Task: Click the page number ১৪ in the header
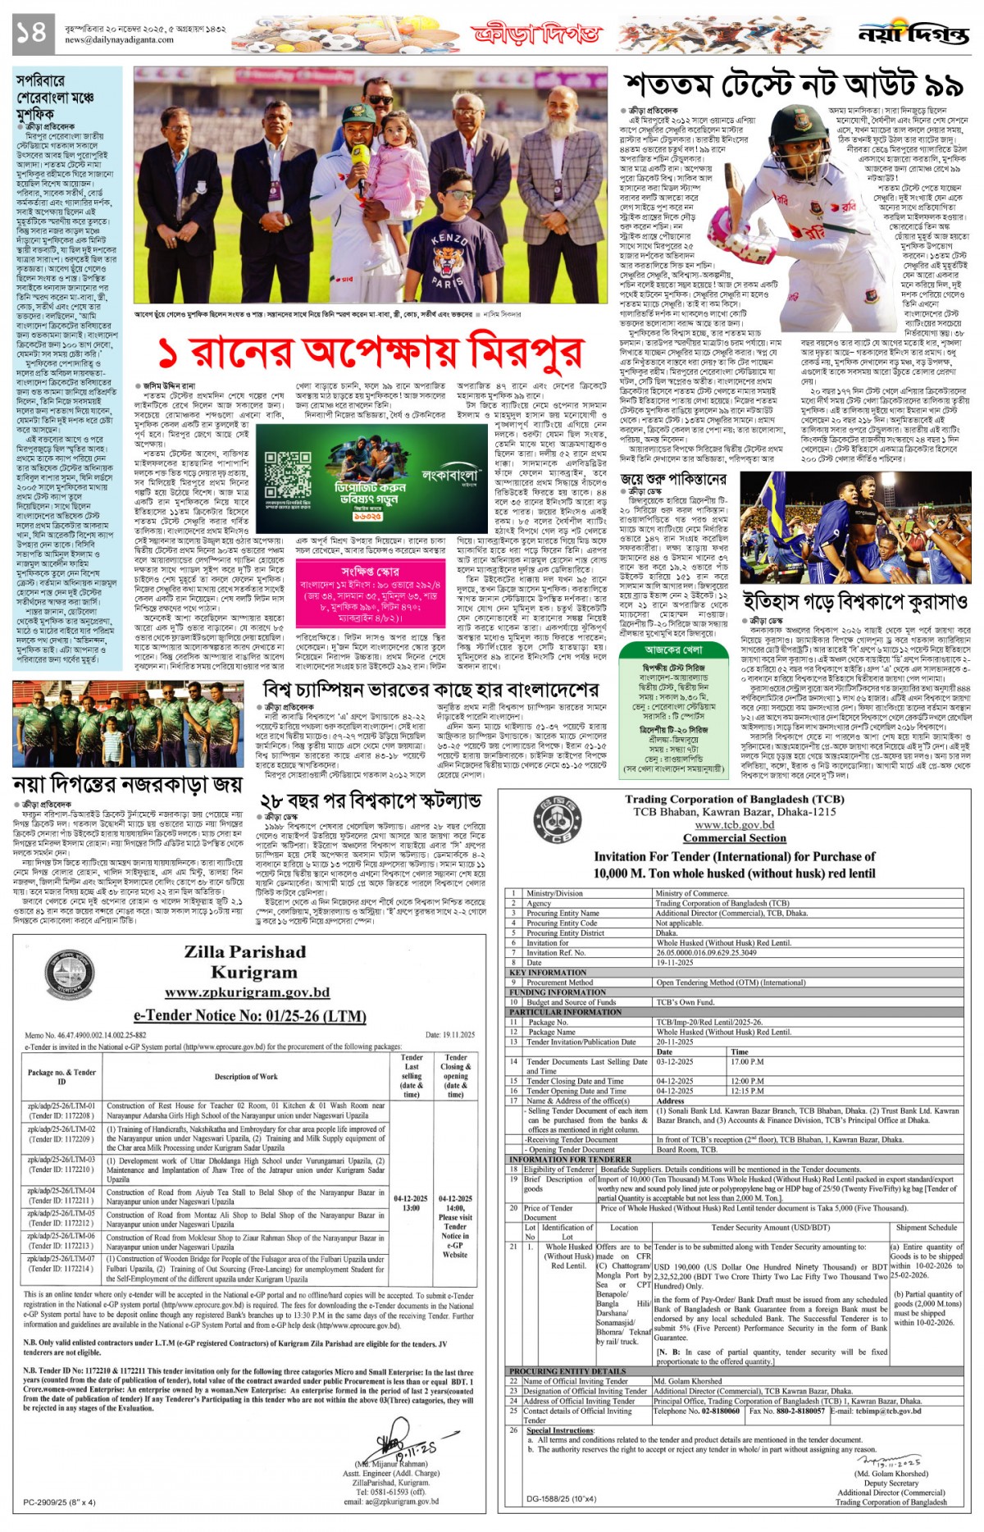[x=30, y=32]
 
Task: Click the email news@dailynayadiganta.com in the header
[x=119, y=39]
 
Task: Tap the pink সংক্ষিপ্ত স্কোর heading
[x=370, y=571]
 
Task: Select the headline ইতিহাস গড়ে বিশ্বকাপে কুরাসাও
[x=855, y=600]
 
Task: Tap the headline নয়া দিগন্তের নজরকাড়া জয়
[x=129, y=784]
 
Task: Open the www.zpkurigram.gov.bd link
[x=247, y=992]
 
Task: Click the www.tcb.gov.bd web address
[x=734, y=825]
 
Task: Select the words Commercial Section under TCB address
[x=734, y=838]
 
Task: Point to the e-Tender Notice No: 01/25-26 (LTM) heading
[x=249, y=1016]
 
